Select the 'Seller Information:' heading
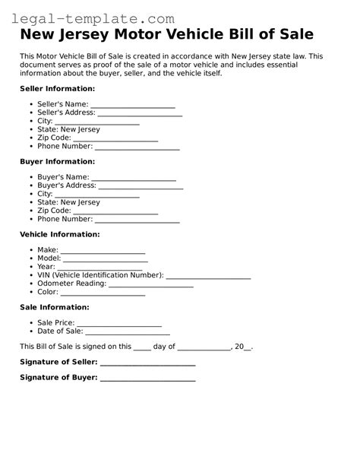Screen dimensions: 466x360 pos(58,89)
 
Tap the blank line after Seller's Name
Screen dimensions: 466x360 pos(133,105)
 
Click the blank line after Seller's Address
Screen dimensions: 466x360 pos(141,113)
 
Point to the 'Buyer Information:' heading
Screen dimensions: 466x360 pos(57,161)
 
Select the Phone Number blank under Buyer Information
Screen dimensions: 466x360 pos(137,220)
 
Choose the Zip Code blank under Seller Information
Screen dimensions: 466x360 pos(122,139)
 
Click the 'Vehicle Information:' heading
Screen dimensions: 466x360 pos(59,234)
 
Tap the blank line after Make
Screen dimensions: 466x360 pos(103,250)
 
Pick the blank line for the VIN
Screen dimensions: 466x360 pos(208,275)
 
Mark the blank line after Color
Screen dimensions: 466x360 pos(103,293)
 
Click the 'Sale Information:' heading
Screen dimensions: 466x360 pos(54,307)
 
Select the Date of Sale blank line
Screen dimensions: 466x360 pos(128,331)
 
